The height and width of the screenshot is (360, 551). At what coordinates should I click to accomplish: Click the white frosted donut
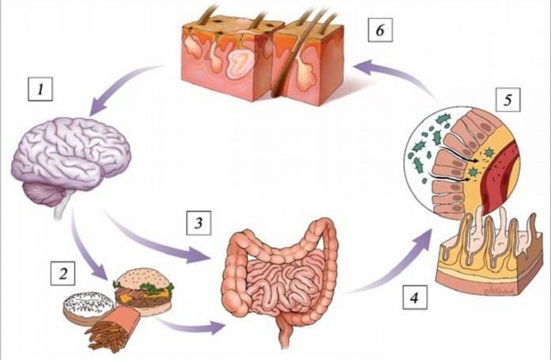tap(84, 306)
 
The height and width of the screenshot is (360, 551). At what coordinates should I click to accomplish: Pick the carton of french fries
tap(116, 329)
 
